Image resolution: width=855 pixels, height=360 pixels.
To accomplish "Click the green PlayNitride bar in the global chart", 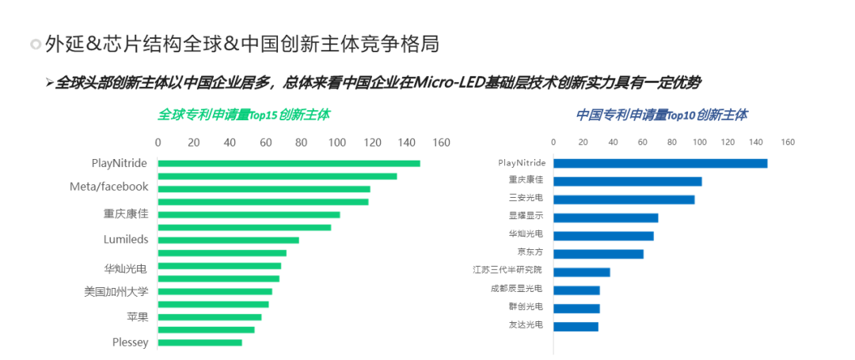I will pyautogui.click(x=289, y=164).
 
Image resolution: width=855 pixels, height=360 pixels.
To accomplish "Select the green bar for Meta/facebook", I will pyautogui.click(x=264, y=189).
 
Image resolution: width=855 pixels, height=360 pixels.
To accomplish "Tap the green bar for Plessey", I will pyautogui.click(x=200, y=343).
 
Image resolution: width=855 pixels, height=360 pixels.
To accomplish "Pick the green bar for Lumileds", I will pyautogui.click(x=229, y=240).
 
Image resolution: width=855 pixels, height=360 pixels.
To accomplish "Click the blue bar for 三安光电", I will pyautogui.click(x=624, y=199).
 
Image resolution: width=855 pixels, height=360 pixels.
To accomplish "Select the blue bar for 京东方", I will pyautogui.click(x=598, y=254).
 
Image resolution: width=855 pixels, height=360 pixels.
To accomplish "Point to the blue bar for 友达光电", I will pyautogui.click(x=576, y=326).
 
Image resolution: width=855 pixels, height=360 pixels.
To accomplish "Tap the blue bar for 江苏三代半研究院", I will pyautogui.click(x=581, y=272).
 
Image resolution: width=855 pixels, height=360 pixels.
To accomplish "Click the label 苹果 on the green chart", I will pyautogui.click(x=137, y=316).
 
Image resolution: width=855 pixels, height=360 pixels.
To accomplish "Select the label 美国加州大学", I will pyautogui.click(x=116, y=291).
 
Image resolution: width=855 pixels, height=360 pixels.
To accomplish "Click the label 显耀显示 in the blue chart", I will pyautogui.click(x=526, y=217).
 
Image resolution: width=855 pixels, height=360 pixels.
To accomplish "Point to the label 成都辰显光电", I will pyautogui.click(x=517, y=289).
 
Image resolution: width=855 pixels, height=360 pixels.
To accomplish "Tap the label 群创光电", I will pyautogui.click(x=526, y=307).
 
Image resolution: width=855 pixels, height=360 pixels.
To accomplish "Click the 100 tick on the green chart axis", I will pyautogui.click(x=337, y=142).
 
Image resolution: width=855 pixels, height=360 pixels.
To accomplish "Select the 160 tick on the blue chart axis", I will pyautogui.click(x=788, y=142).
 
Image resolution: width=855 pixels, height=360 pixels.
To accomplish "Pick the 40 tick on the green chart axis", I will pyautogui.click(x=230, y=142).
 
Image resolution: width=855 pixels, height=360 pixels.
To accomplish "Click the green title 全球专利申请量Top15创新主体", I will pyautogui.click(x=243, y=115).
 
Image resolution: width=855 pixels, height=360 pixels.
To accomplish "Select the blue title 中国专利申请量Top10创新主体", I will pyautogui.click(x=661, y=115).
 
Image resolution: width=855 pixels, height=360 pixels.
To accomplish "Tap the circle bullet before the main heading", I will pyautogui.click(x=35, y=44).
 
